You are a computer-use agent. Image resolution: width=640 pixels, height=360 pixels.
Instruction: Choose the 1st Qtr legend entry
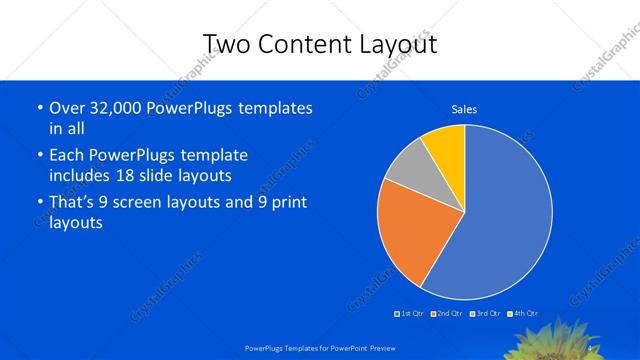[x=409, y=314]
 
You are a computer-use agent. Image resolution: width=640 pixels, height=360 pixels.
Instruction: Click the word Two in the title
[x=229, y=44]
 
